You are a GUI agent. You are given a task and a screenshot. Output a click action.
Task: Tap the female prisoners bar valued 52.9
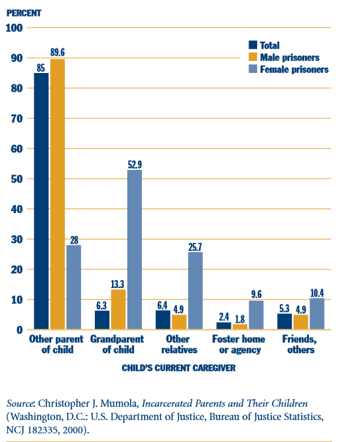pyautogui.click(x=134, y=250)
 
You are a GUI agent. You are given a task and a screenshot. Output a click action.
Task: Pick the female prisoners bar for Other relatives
pyautogui.click(x=195, y=291)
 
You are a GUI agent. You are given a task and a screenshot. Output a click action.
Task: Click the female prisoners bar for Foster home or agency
pyautogui.click(x=256, y=315)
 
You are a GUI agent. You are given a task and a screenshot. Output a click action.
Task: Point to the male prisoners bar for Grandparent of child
pyautogui.click(x=118, y=309)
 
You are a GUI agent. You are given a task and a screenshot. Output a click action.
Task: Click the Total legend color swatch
pyautogui.click(x=252, y=45)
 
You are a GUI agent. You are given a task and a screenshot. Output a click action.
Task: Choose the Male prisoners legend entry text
pyautogui.click(x=290, y=57)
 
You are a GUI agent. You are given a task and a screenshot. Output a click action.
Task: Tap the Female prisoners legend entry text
pyautogui.click(x=294, y=69)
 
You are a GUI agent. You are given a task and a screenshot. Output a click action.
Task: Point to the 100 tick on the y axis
pyautogui.click(x=15, y=28)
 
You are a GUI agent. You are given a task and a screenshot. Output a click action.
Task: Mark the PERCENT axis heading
pyautogui.click(x=25, y=11)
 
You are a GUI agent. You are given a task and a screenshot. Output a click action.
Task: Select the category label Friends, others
pyautogui.click(x=302, y=344)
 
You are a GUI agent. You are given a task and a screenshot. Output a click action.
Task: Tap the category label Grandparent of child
pyautogui.click(x=119, y=344)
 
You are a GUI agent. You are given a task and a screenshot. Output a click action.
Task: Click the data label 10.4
pyautogui.click(x=318, y=293)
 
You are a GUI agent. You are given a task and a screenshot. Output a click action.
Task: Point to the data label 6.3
pyautogui.click(x=101, y=305)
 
